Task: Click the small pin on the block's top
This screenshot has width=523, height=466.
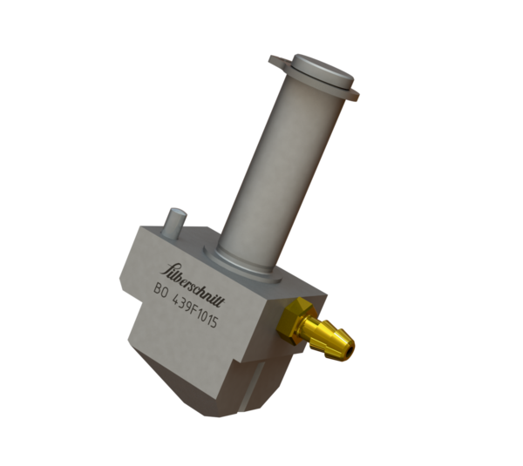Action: tap(177, 222)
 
